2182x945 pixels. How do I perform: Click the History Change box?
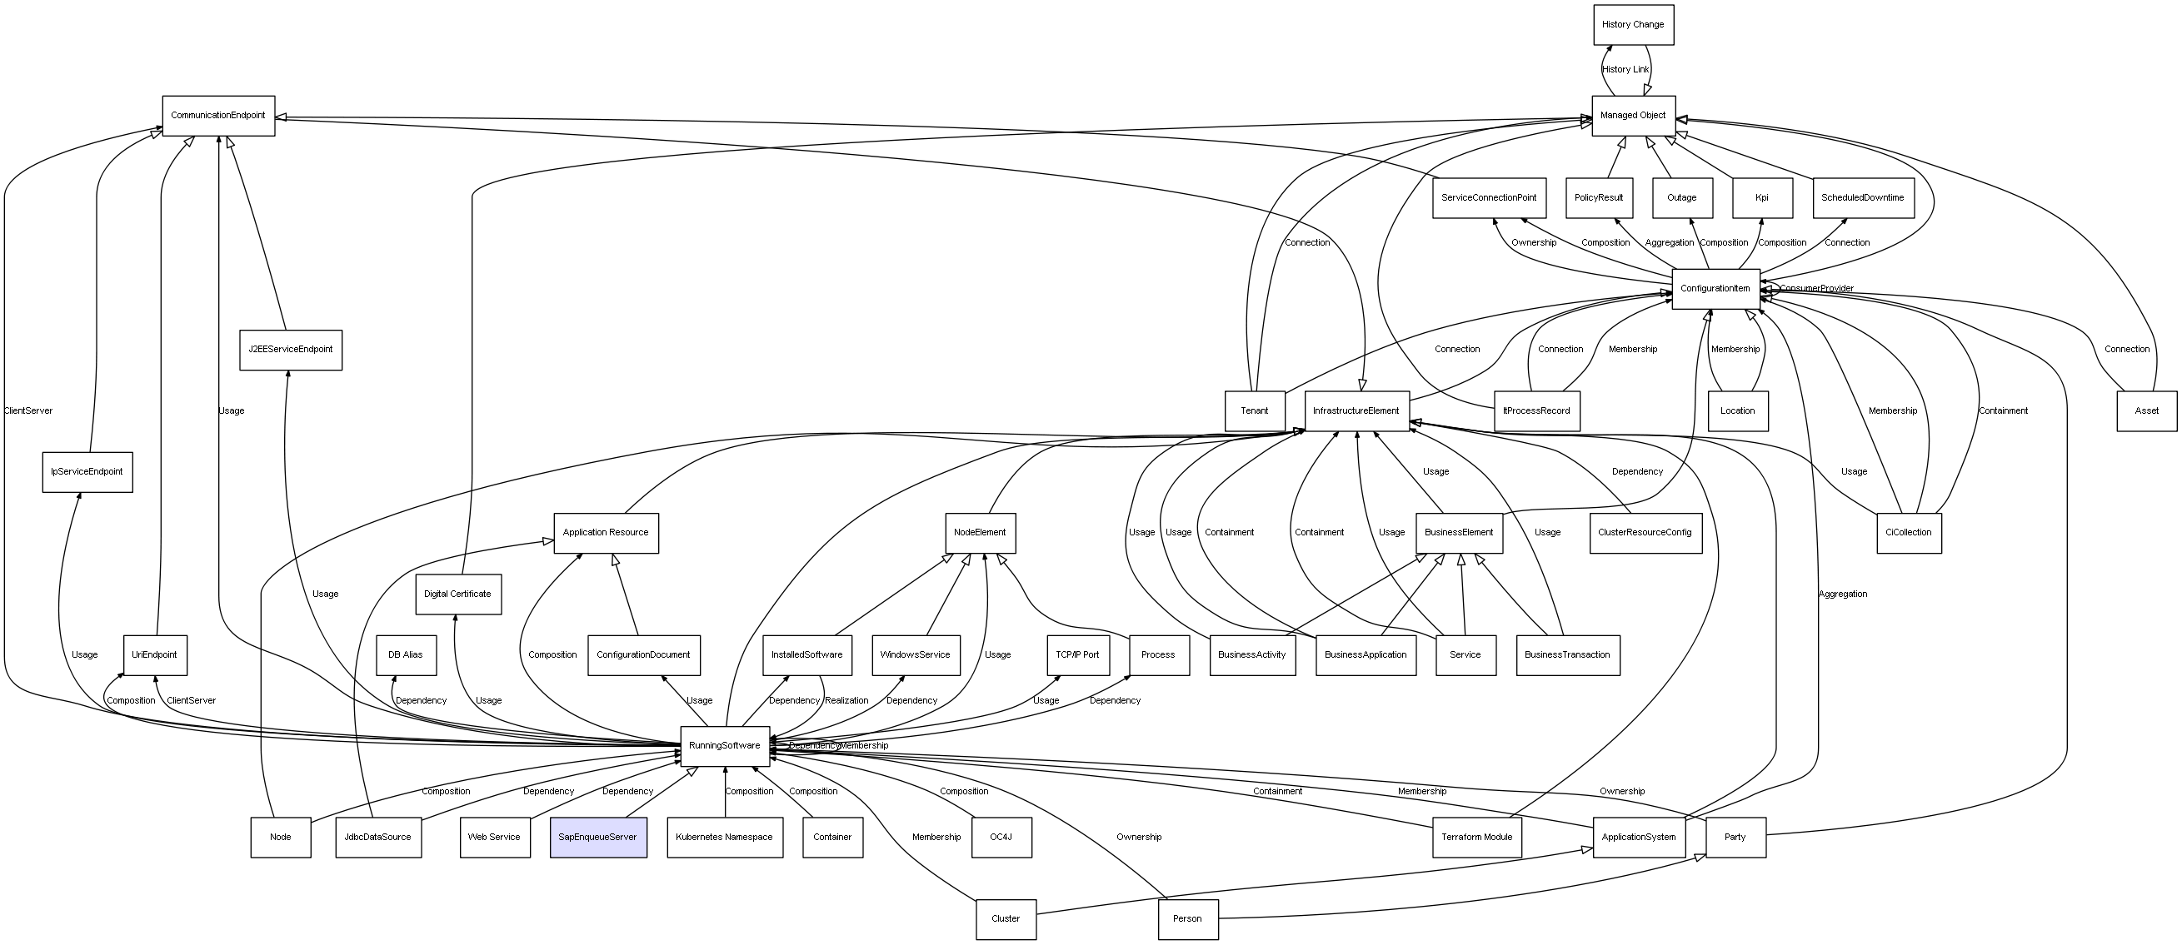tap(1632, 24)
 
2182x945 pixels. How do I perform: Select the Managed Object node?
tap(1632, 115)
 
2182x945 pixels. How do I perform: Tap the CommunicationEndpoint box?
tap(218, 115)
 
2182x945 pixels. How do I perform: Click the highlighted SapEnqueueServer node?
tap(598, 837)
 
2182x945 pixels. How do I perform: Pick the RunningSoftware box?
tap(724, 745)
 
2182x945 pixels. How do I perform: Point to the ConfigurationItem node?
tap(1715, 289)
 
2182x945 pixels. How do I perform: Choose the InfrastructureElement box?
tap(1356, 410)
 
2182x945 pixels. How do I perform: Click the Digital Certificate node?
tap(457, 594)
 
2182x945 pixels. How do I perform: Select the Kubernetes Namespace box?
tap(724, 837)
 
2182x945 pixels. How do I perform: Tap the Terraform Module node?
tap(1476, 837)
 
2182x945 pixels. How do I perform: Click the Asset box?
tap(2146, 410)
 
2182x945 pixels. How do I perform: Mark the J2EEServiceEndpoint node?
tap(291, 349)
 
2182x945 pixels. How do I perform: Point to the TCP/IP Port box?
tap(1077, 654)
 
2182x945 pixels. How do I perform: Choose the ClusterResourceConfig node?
tap(1645, 533)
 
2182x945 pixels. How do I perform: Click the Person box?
tap(1187, 918)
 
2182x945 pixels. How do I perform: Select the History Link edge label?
tap(1625, 69)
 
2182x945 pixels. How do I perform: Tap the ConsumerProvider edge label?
tap(1816, 289)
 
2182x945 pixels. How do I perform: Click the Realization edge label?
tap(846, 700)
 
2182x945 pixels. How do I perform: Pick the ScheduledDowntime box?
tap(1863, 197)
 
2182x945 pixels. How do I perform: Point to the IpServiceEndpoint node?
tap(87, 471)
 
